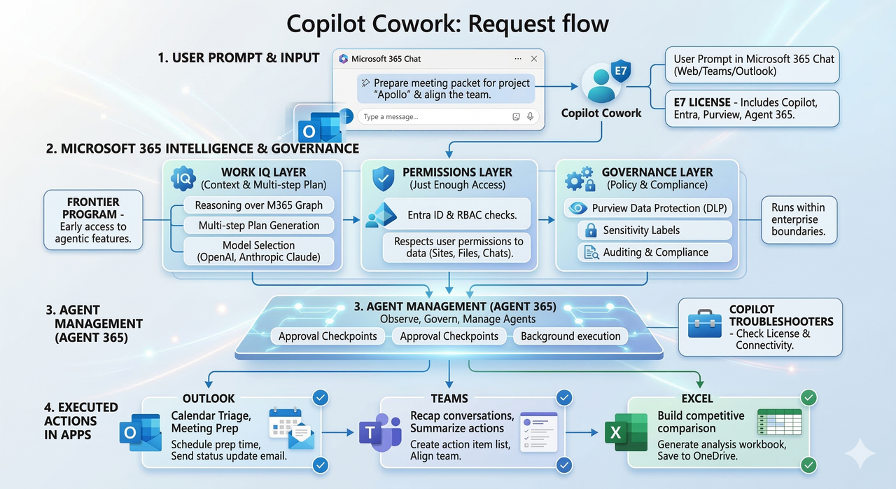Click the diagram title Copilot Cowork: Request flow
[x=448, y=24]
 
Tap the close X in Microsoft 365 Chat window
[x=534, y=59]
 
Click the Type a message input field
[x=434, y=117]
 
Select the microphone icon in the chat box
[x=531, y=117]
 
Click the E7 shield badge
[x=620, y=71]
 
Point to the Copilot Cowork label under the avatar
[x=601, y=113]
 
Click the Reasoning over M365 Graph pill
[x=259, y=205]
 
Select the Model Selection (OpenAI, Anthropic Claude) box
[x=259, y=251]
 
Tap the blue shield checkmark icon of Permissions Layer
[x=383, y=178]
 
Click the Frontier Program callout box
[x=92, y=220]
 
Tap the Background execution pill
[x=570, y=336]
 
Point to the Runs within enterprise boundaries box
[x=798, y=219]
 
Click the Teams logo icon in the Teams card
[x=379, y=433]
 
